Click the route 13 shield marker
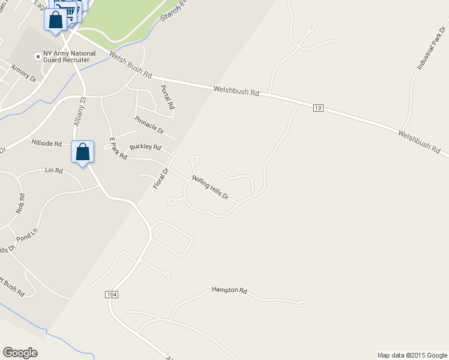[x=318, y=107]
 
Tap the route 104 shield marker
[x=111, y=295]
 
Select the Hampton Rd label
[x=229, y=290]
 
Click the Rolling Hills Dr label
[x=210, y=188]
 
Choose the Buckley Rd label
[x=145, y=147]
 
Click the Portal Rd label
[x=167, y=96]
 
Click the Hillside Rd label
[x=46, y=144]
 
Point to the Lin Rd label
[x=54, y=170]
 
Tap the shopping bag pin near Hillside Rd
[x=82, y=152]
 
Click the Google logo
[x=20, y=353]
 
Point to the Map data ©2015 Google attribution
[x=412, y=355]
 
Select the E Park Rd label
[x=118, y=148]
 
